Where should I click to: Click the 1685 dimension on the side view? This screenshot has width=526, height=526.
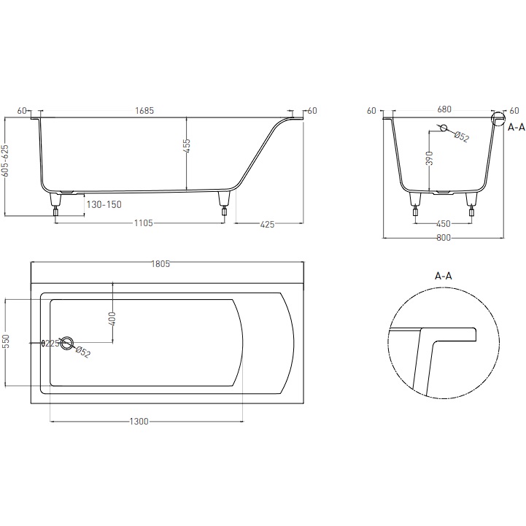tap(144, 111)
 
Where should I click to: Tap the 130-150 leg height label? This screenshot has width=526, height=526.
tap(104, 205)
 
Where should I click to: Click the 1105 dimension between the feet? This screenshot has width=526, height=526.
tap(142, 224)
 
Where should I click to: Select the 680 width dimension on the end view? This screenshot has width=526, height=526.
tap(444, 110)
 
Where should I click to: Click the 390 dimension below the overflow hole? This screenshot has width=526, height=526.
tap(430, 158)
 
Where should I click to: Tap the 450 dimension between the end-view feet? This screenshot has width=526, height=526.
tap(444, 224)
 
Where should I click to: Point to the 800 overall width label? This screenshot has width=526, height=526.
tap(444, 238)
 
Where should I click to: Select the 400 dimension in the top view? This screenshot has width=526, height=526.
tap(112, 318)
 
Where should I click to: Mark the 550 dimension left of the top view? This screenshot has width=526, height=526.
tap(7, 341)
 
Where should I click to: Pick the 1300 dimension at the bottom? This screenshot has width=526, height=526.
tap(139, 422)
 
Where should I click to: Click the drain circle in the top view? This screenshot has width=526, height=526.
tap(68, 342)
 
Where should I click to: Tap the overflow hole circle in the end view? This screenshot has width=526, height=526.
tap(444, 129)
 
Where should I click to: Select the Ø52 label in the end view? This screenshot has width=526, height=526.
tap(462, 136)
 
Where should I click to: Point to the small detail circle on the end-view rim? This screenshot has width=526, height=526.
tap(499, 119)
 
